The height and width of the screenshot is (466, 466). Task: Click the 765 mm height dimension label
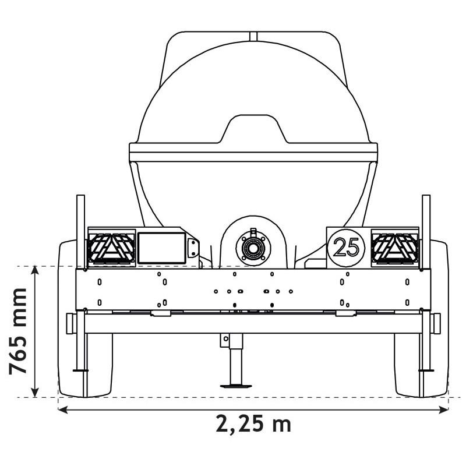point(19,330)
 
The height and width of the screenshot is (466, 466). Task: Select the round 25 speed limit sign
point(346,248)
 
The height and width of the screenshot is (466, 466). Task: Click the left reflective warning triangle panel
point(111,248)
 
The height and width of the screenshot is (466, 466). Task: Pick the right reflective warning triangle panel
point(395,248)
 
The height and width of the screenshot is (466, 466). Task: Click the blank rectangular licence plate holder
point(161,247)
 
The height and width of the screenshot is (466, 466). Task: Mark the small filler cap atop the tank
point(253,36)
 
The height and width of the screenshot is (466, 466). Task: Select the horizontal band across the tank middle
point(253,153)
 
